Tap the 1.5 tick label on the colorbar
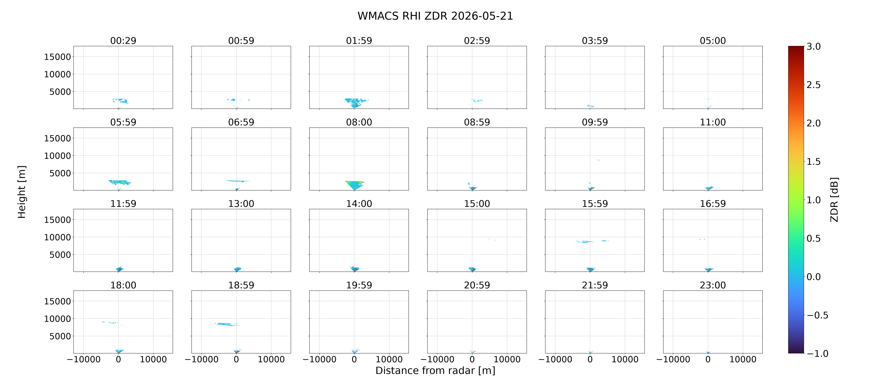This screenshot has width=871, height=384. (813, 162)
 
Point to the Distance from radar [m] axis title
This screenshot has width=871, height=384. (435, 371)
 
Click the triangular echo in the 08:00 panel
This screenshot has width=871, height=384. (354, 184)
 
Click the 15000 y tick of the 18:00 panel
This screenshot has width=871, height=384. (58, 301)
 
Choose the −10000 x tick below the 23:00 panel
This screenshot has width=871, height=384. (673, 359)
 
